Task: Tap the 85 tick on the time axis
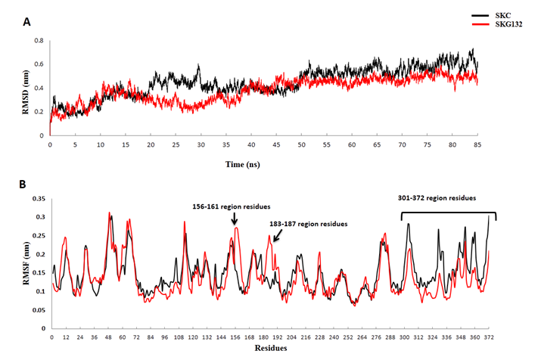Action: coord(477,144)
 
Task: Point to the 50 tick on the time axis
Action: coord(301,144)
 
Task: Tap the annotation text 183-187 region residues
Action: coord(309,225)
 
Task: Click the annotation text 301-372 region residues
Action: coord(436,199)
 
